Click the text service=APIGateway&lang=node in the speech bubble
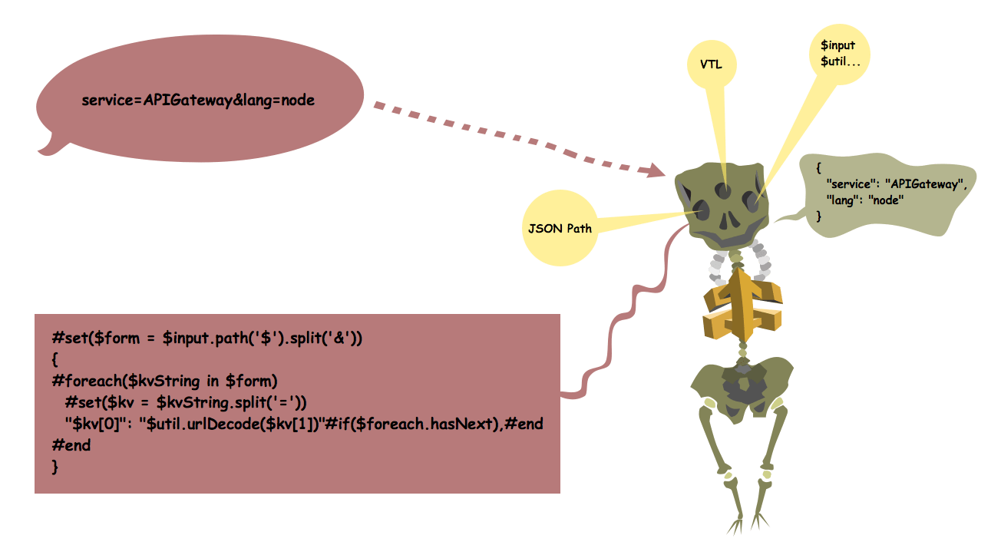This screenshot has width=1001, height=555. coord(198,101)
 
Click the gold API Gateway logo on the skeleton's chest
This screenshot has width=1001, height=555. coord(742,302)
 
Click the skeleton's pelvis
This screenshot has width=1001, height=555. coord(742,383)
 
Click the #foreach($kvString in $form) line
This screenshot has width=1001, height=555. coord(164,381)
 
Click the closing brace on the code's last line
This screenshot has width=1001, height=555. coord(55,467)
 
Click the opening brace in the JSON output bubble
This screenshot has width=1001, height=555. coord(819,167)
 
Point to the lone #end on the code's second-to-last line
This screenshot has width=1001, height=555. coord(71,445)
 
